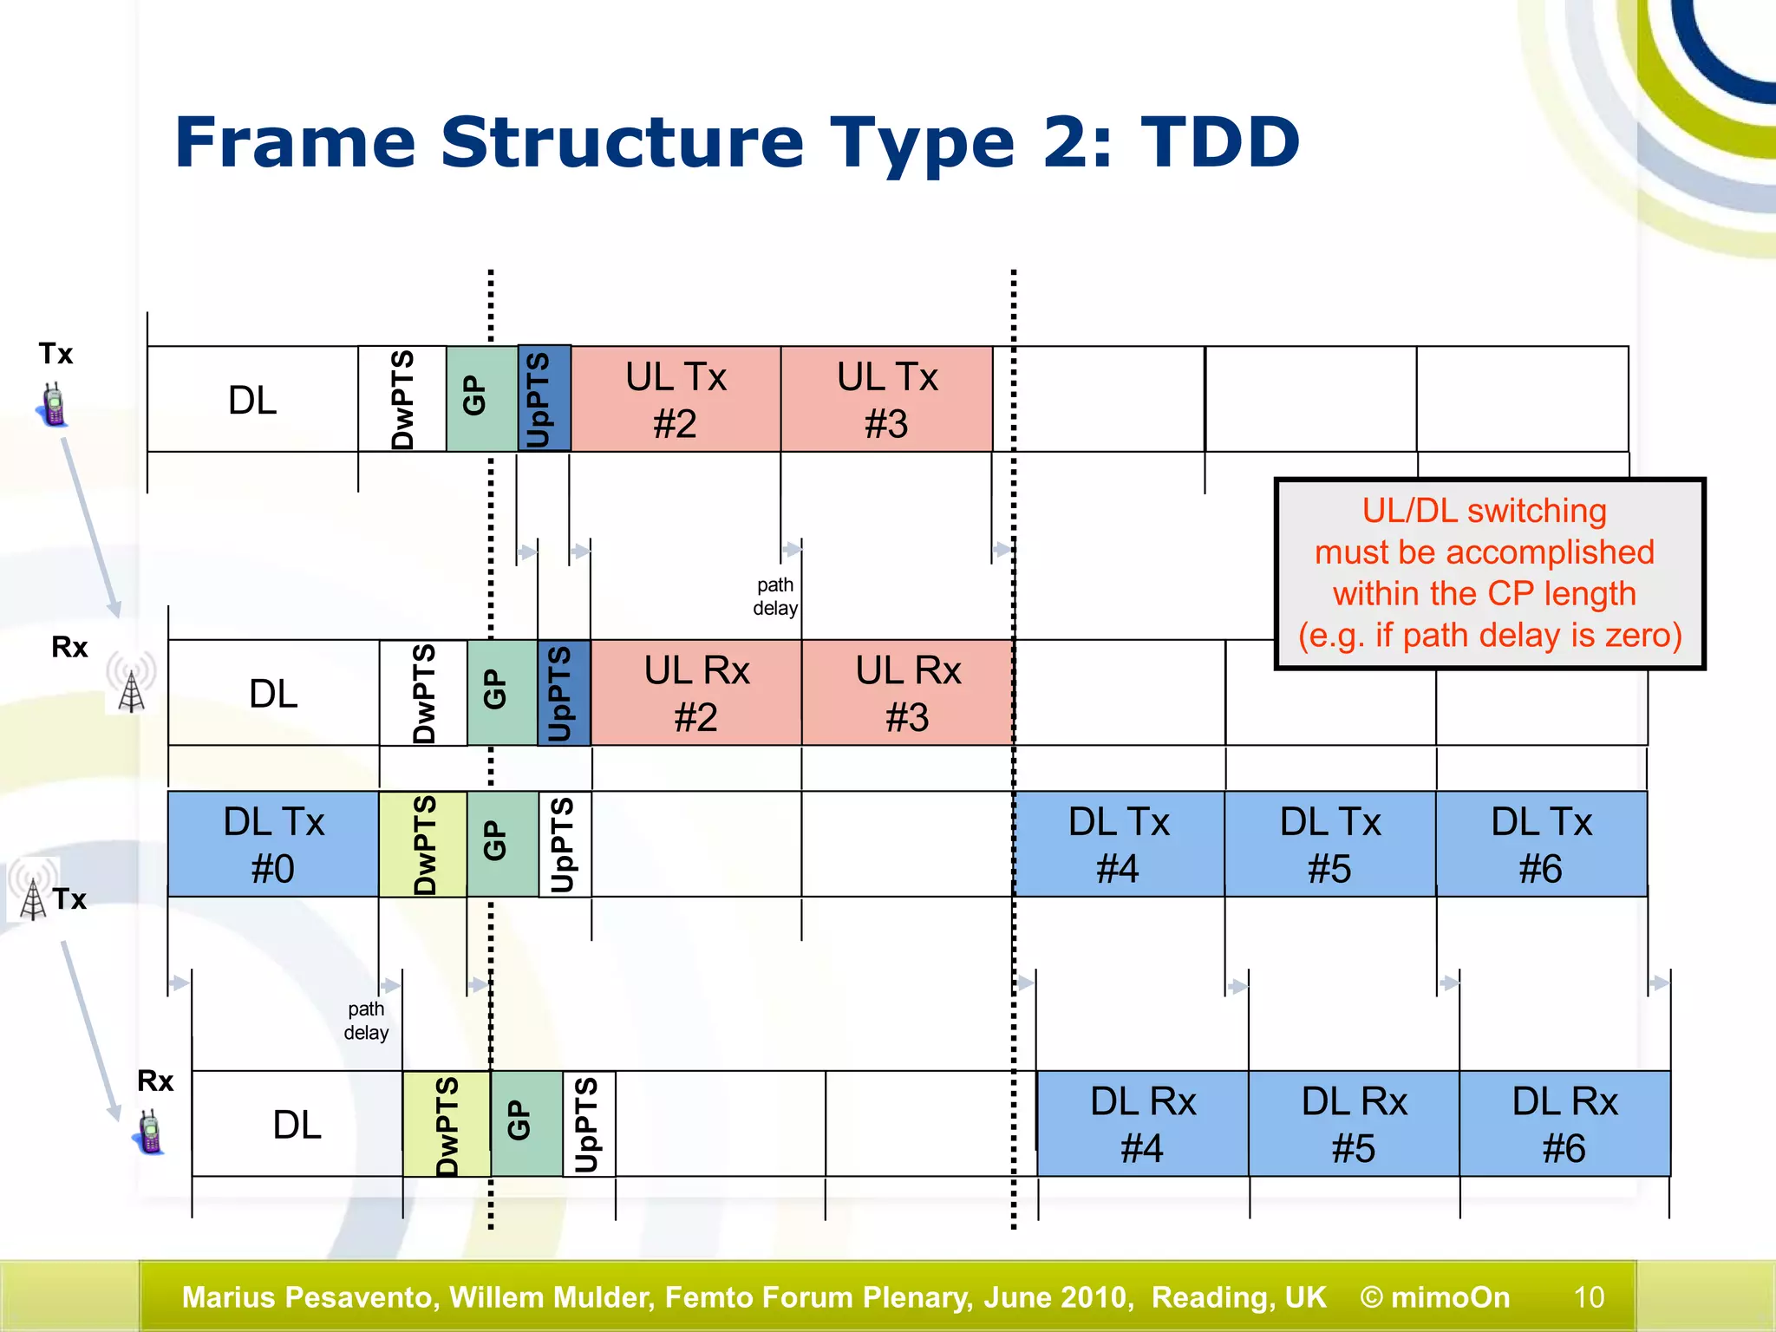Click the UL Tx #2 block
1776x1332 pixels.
tap(676, 399)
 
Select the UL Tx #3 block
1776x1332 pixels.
tap(886, 399)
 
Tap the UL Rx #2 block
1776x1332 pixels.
tap(696, 693)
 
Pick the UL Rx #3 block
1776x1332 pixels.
tap(907, 693)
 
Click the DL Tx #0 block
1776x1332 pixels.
tap(273, 844)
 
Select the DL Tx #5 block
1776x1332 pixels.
tap(1330, 844)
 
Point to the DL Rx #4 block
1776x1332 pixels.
tap(1142, 1124)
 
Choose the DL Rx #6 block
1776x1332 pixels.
tap(1564, 1124)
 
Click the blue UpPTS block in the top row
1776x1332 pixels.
tap(544, 399)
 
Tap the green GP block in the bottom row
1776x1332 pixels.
tap(526, 1124)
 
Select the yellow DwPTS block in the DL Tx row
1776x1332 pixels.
tap(423, 844)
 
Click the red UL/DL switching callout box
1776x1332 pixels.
tap(1489, 573)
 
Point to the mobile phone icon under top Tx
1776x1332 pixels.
tap(54, 405)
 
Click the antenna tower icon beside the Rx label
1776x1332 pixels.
tap(131, 685)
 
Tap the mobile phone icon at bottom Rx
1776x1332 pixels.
tap(151, 1132)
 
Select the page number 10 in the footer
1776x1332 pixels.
tap(1589, 1297)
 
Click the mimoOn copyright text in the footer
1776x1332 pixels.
tap(1435, 1297)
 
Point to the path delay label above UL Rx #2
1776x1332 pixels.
tap(774, 597)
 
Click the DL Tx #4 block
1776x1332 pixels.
tap(1119, 844)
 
